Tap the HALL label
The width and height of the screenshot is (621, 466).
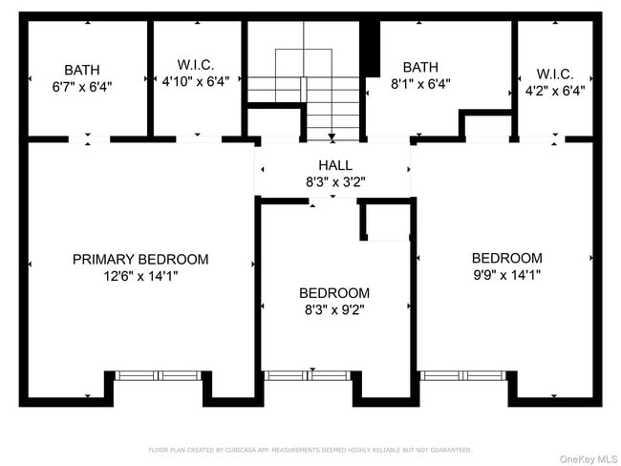pos(334,165)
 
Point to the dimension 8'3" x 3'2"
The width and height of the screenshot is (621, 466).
pos(334,181)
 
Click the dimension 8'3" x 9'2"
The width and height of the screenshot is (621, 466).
pos(333,309)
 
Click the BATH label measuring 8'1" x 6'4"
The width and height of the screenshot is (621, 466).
pos(420,67)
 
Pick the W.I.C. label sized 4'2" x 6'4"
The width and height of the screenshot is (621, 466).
pos(554,74)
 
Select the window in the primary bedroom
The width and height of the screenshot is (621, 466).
pos(159,375)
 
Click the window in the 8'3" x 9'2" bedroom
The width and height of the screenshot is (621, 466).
pos(310,375)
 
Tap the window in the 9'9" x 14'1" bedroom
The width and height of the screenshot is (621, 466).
pos(464,375)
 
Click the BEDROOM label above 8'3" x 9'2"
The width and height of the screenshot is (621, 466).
pos(333,293)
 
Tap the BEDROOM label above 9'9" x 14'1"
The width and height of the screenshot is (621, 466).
pos(506,258)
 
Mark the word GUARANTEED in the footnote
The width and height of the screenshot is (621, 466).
pos(447,450)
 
